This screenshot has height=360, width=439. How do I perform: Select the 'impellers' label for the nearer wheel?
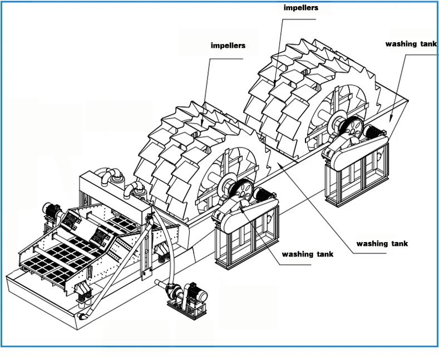(228, 45)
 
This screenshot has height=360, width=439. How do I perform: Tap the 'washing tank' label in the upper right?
(411, 44)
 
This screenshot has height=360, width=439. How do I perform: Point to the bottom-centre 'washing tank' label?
(308, 254)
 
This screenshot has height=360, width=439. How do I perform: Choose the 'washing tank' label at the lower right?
(382, 243)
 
